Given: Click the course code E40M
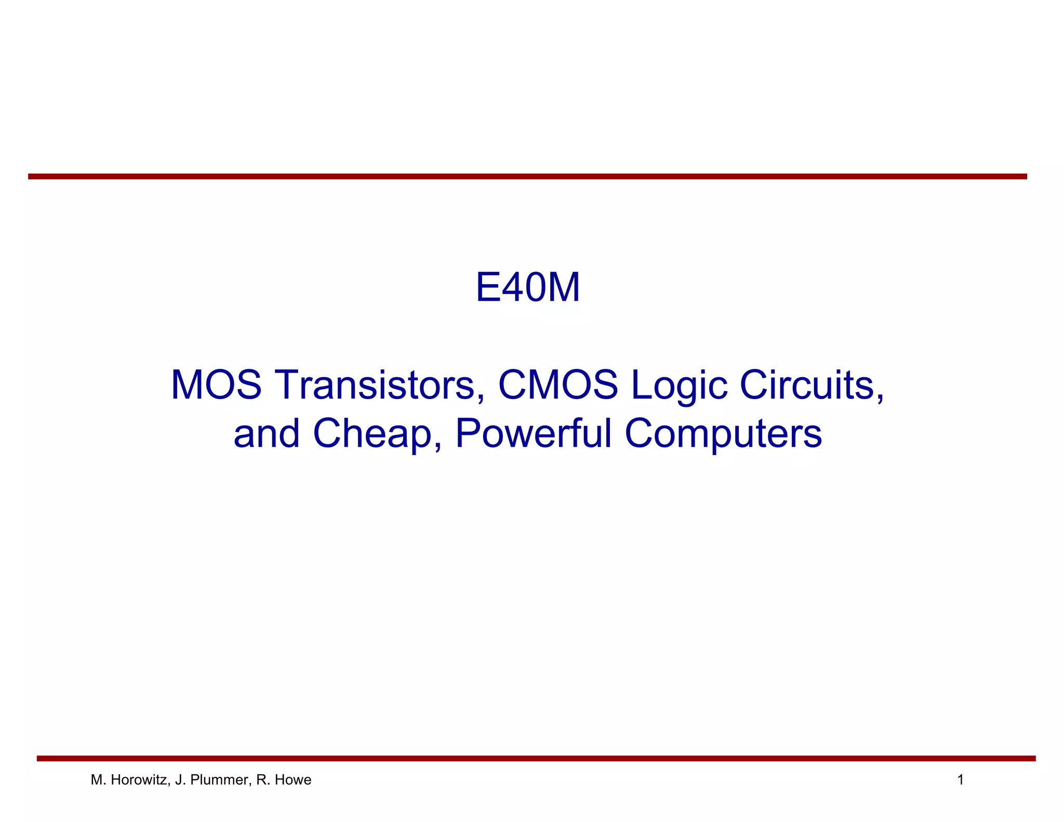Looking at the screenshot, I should coord(527,287).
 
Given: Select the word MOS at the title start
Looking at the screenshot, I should coord(216,385).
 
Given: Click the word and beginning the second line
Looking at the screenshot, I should coord(267,433).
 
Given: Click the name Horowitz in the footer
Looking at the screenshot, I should coord(139,780).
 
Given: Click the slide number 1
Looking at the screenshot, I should coord(961,780).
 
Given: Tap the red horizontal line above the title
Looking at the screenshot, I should coord(527,177).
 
